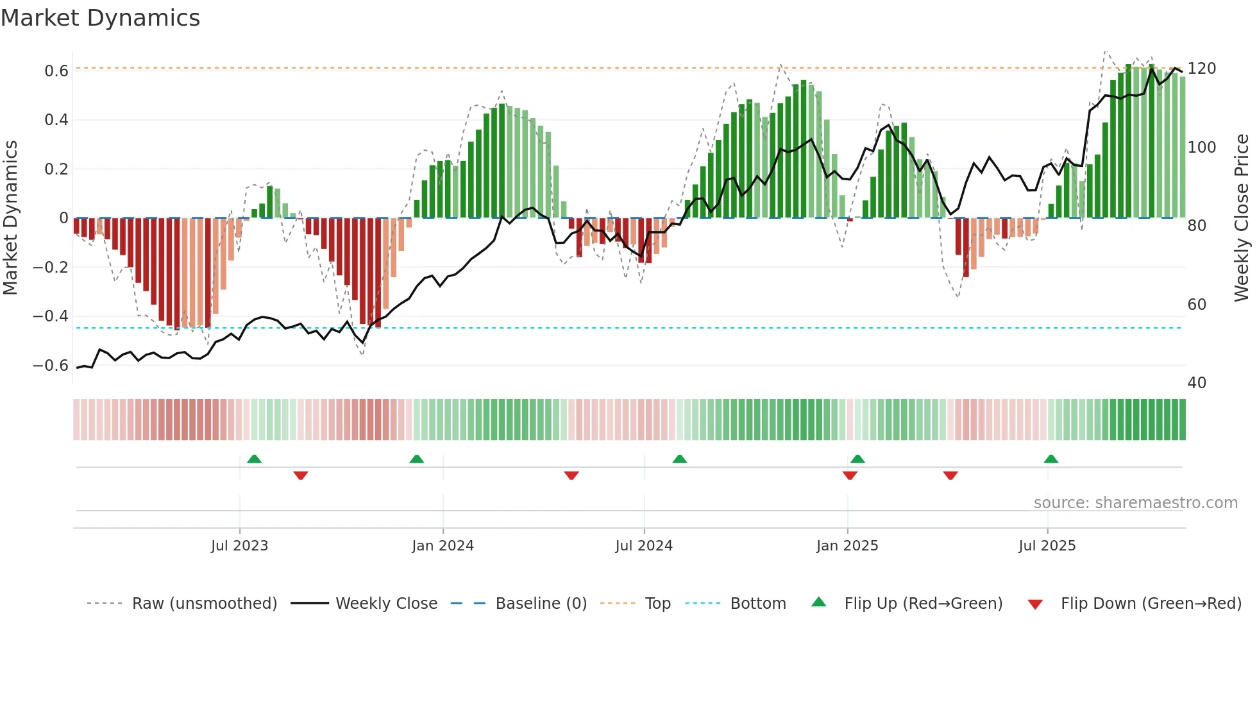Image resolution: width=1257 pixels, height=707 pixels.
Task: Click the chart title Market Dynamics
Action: (100, 18)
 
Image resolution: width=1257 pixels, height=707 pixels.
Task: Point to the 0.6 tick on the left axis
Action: (56, 71)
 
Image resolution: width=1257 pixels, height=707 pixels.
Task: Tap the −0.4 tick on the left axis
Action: (51, 316)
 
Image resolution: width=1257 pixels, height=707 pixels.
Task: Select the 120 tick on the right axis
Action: (1201, 69)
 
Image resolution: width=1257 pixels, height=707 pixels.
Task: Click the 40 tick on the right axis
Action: (1197, 383)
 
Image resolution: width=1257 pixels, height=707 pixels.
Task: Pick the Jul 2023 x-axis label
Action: (239, 546)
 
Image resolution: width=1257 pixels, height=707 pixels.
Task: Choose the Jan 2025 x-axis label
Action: (847, 546)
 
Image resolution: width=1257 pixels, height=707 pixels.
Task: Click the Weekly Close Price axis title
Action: (1242, 218)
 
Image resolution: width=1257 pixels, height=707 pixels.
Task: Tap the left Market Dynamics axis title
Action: (10, 218)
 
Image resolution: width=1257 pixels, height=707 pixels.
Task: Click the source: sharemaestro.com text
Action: (1135, 503)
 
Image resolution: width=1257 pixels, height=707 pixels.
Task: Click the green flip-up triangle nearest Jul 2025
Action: (1050, 459)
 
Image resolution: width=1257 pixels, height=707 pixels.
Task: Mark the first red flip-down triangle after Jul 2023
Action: (301, 475)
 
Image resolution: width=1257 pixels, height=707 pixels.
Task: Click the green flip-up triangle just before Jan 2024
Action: (417, 459)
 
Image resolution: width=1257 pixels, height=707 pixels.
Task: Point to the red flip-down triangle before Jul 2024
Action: (571, 475)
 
